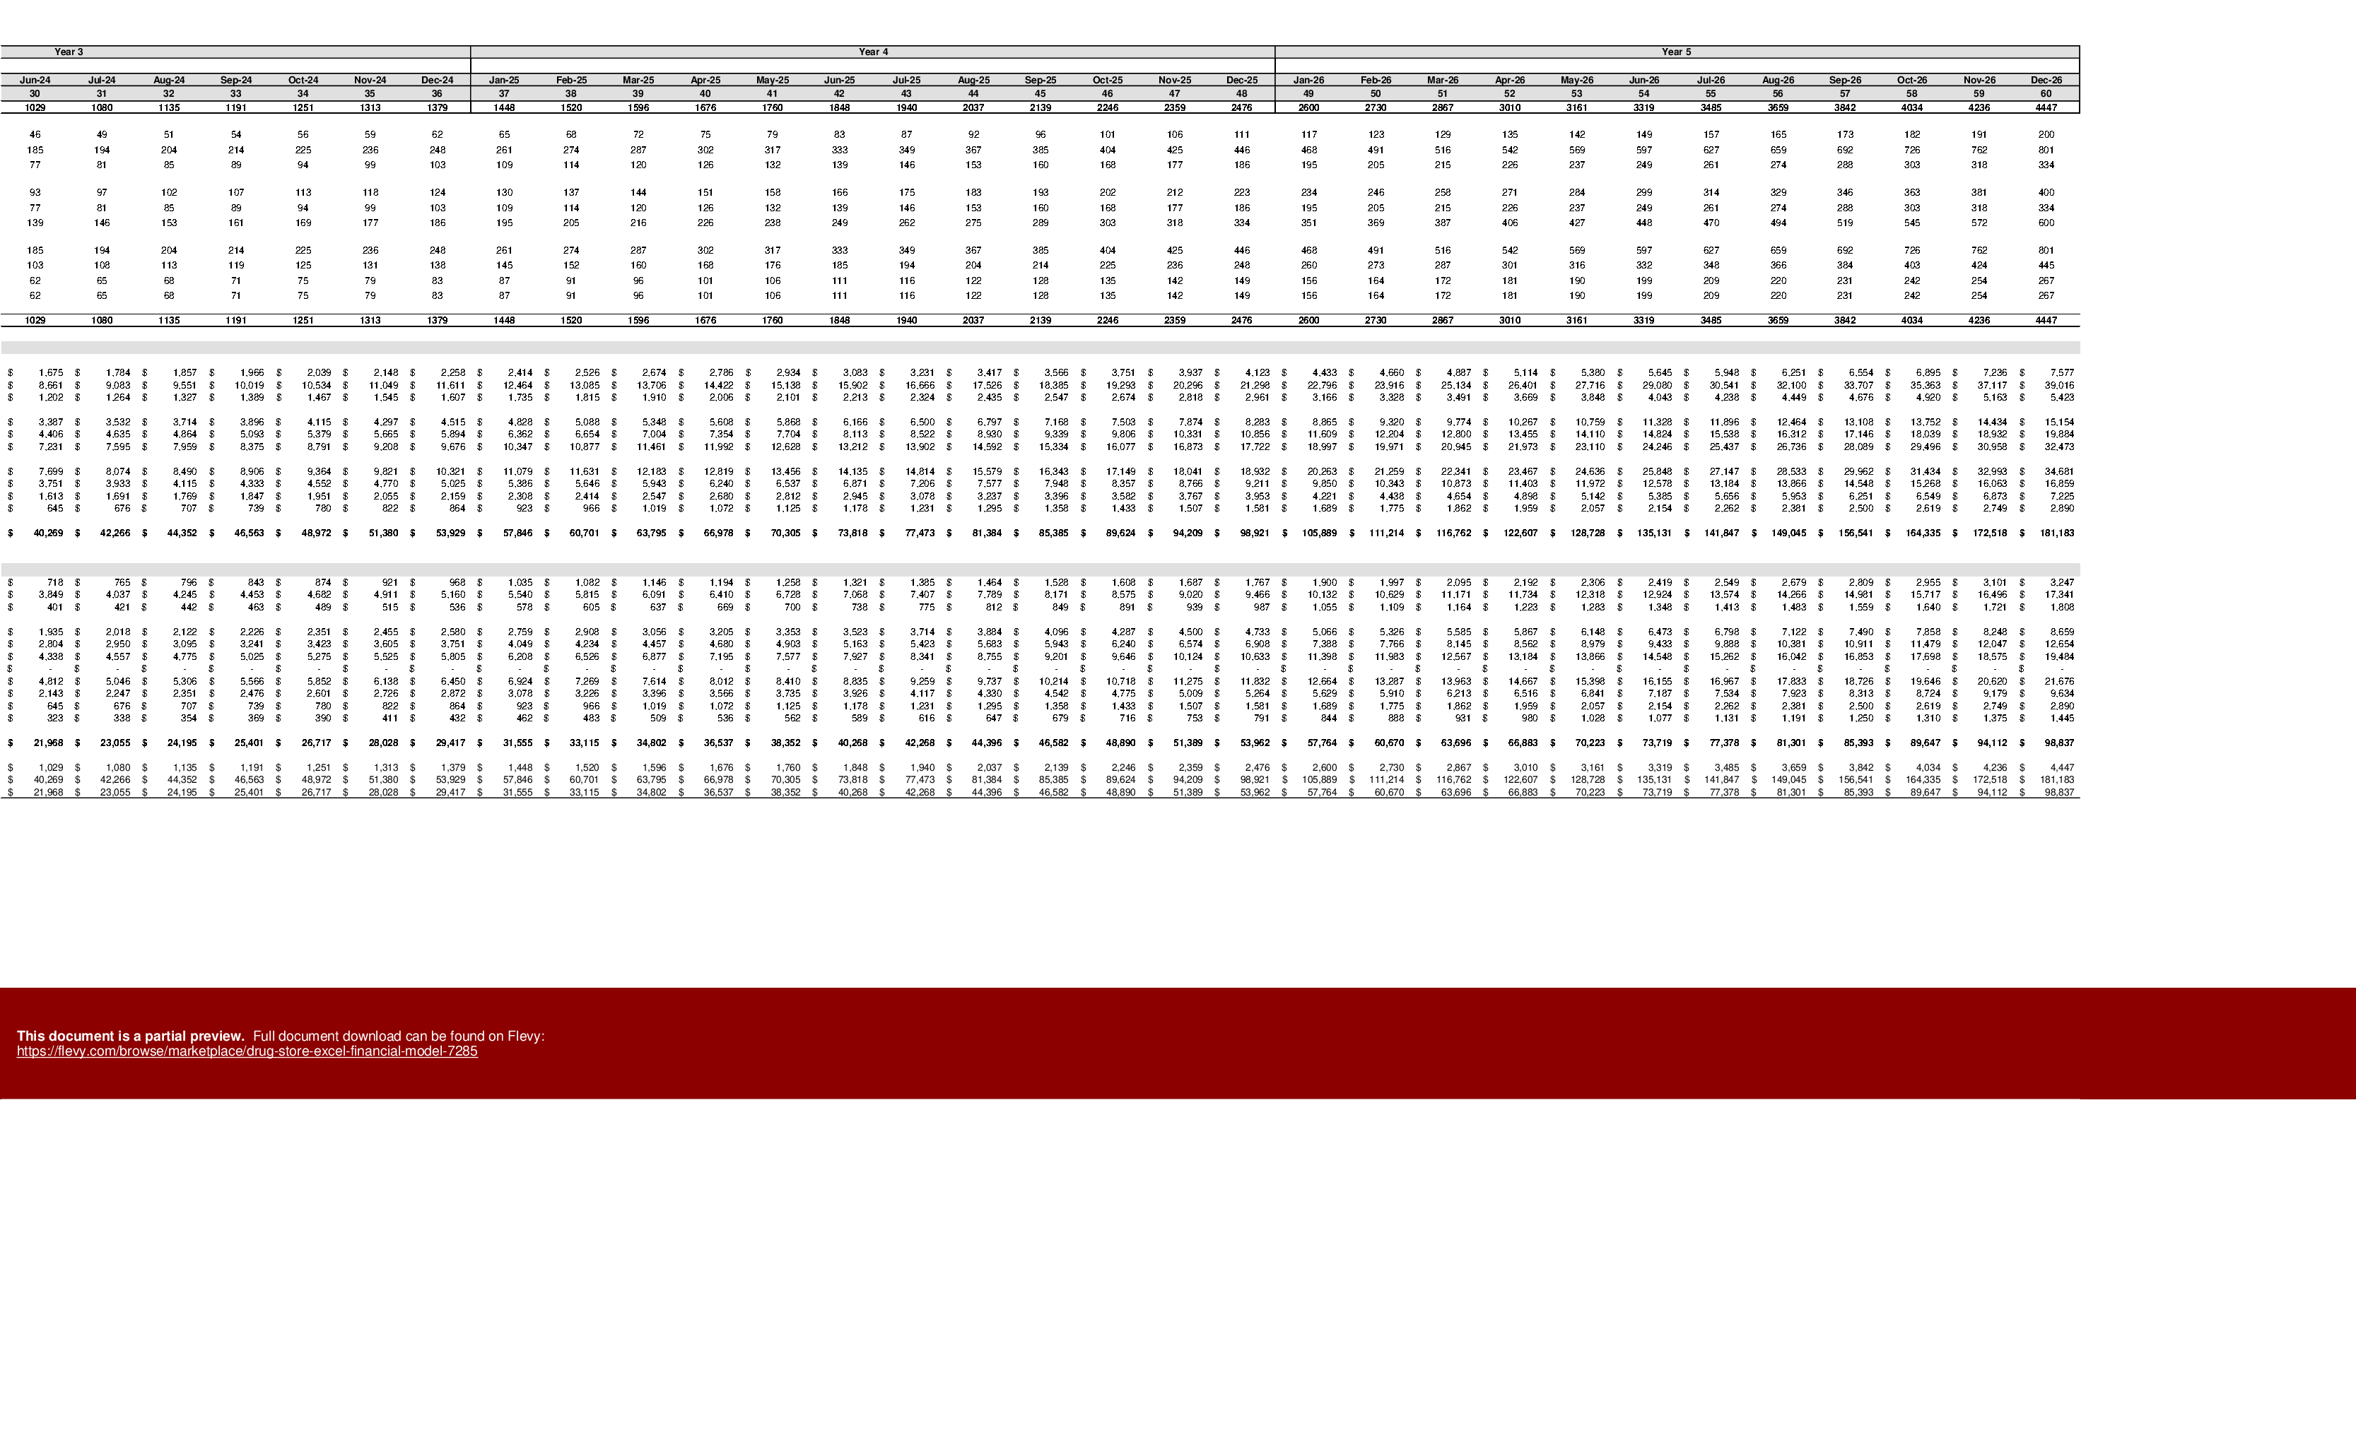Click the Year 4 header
[873, 52]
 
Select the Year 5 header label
[1676, 52]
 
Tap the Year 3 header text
[69, 52]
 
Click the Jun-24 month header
[35, 81]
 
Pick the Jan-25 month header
[504, 81]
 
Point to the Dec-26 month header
[2046, 81]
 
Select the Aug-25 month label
[973, 81]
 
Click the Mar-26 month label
[1443, 81]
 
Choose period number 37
[504, 94]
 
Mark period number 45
[1041, 94]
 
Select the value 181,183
[2057, 780]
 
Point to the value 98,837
[2058, 793]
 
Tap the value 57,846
[517, 780]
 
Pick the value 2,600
[1324, 767]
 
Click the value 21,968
[48, 793]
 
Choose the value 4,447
[2063, 767]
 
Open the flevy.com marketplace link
[247, 1051]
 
